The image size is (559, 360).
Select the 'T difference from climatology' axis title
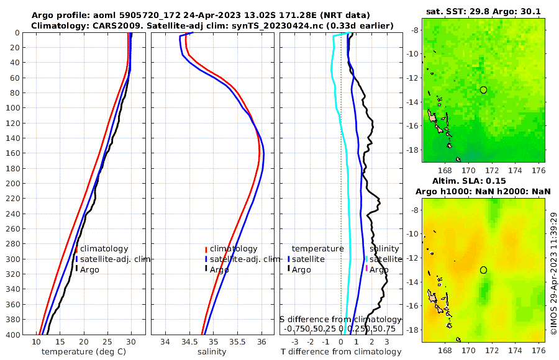click(340, 352)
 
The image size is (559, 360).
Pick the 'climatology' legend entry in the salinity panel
click(233, 248)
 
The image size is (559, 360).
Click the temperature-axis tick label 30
click(130, 342)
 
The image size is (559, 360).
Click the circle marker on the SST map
click(483, 89)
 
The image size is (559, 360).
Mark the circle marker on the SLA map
click(483, 269)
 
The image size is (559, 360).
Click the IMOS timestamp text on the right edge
click(553, 273)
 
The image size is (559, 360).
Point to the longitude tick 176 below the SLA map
click(539, 351)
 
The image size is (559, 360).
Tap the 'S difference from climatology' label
click(340, 319)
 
